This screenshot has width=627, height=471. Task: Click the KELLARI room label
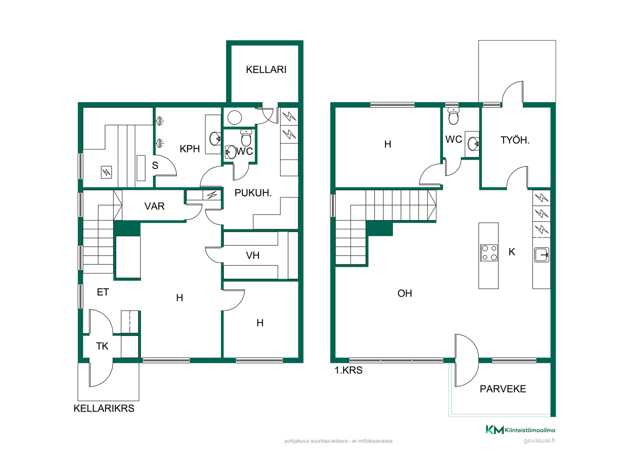pyautogui.click(x=266, y=70)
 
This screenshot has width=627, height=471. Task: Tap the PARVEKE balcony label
pyautogui.click(x=503, y=389)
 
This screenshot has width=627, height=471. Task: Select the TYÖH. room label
pyautogui.click(x=515, y=140)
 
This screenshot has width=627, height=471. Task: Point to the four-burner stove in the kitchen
pyautogui.click(x=489, y=253)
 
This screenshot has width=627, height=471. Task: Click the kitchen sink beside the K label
pyautogui.click(x=541, y=255)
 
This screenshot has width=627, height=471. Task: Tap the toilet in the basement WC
pyautogui.click(x=246, y=137)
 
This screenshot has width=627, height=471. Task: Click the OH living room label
pyautogui.click(x=405, y=293)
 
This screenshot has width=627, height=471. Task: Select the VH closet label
pyautogui.click(x=253, y=255)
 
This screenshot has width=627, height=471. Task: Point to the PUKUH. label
pyautogui.click(x=253, y=193)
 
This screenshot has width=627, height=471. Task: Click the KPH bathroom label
pyautogui.click(x=190, y=149)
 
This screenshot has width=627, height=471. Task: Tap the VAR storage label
pyautogui.click(x=154, y=206)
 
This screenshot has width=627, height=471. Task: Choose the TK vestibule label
pyautogui.click(x=102, y=346)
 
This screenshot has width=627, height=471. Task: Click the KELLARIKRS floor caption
pyautogui.click(x=104, y=409)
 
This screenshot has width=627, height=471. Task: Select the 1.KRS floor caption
pyautogui.click(x=348, y=370)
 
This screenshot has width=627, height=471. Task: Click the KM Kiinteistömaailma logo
pyautogui.click(x=521, y=430)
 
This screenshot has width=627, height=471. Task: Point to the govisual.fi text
pyautogui.click(x=539, y=441)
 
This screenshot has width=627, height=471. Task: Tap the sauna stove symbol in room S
pyautogui.click(x=106, y=172)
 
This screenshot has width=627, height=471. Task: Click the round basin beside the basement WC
pyautogui.click(x=235, y=117)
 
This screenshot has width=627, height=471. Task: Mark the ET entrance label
pyautogui.click(x=103, y=292)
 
